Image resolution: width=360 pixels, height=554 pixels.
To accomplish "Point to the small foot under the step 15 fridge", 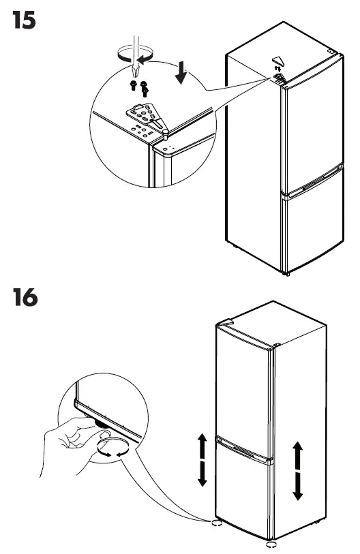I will (288, 273).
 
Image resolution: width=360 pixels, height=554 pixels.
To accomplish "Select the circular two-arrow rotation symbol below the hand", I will (110, 450).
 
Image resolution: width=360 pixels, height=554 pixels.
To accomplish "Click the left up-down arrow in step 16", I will (201, 459).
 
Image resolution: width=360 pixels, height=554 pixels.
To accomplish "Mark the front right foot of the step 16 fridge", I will (271, 544).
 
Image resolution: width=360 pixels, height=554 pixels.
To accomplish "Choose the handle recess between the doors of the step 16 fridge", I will (244, 450).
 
